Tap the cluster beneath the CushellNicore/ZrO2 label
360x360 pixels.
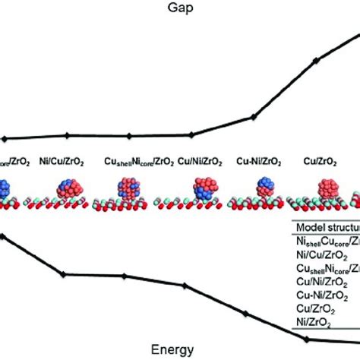click(129, 190)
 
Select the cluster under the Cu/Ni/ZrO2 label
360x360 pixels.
click(204, 190)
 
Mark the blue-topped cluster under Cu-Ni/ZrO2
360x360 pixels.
click(265, 189)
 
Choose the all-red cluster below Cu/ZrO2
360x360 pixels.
click(328, 190)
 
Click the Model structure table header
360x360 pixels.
click(327, 226)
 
